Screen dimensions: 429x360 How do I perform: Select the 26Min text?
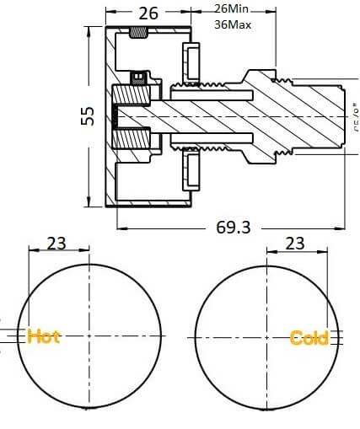click(233, 8)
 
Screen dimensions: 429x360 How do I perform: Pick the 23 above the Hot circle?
click(56, 244)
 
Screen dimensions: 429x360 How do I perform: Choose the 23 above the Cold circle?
click(295, 244)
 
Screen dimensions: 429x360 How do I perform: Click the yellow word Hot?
click(44, 336)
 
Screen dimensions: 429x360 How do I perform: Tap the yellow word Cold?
click(309, 338)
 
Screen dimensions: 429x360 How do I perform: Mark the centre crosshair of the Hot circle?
click(89, 335)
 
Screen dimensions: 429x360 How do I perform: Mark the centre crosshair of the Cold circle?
click(266, 335)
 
